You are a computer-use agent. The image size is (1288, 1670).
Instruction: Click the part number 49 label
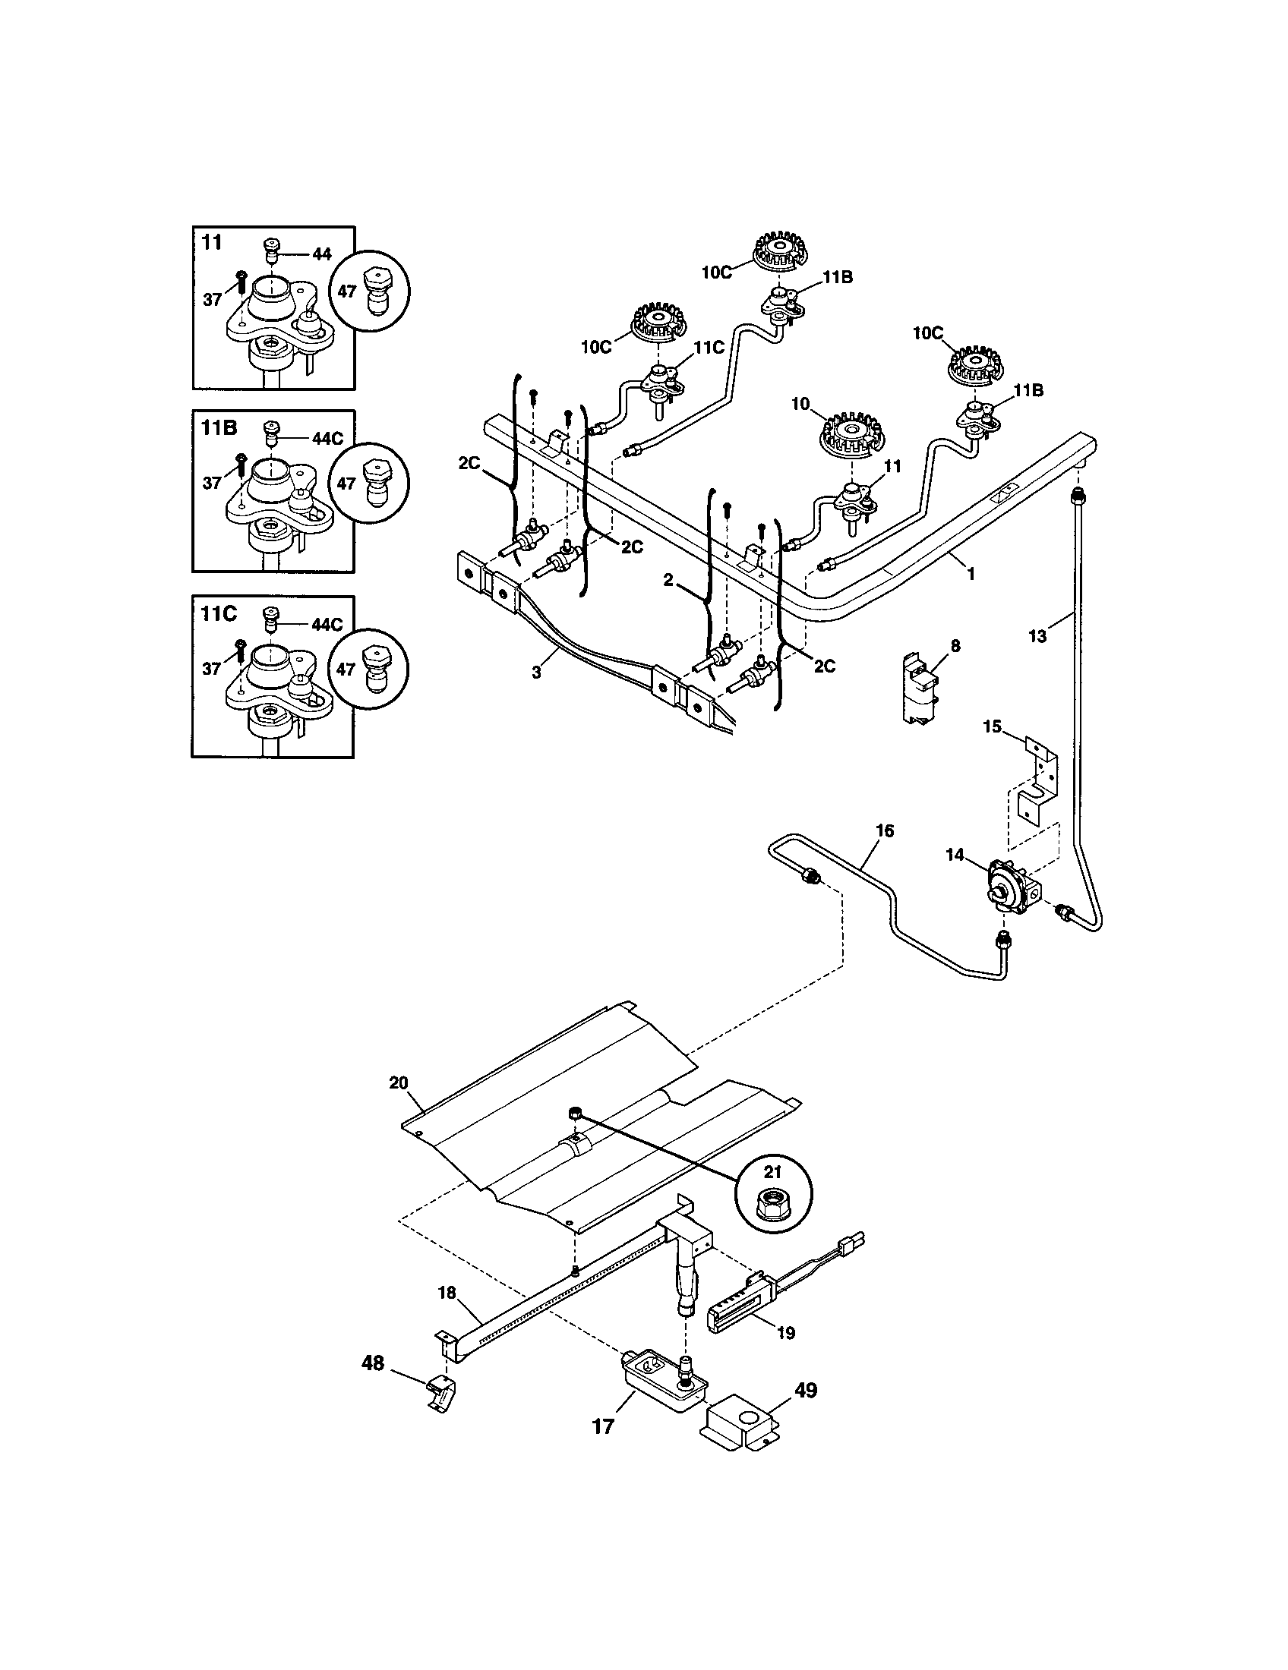pyautogui.click(x=807, y=1389)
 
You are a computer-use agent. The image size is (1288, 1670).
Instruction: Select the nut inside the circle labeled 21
pyautogui.click(x=773, y=1210)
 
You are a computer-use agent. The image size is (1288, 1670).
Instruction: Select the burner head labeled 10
pyautogui.click(x=847, y=436)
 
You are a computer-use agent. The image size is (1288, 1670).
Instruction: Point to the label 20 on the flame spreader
pyautogui.click(x=399, y=1082)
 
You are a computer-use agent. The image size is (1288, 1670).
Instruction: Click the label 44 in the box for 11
pyautogui.click(x=322, y=254)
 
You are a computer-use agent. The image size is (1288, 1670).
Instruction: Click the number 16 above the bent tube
pyautogui.click(x=883, y=830)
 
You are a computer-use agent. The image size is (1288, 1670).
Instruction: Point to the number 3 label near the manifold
pyautogui.click(x=536, y=672)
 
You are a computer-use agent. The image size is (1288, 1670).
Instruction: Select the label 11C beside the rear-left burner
pyautogui.click(x=709, y=347)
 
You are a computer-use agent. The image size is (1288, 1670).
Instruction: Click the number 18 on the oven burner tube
pyautogui.click(x=447, y=1293)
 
